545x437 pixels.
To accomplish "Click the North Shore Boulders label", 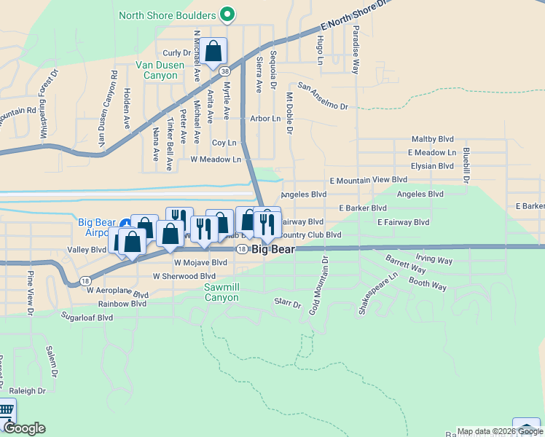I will [167, 15].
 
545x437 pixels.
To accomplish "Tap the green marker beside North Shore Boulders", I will [227, 15].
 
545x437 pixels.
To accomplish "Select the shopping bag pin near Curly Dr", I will [213, 51].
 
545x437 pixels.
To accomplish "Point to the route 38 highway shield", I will [225, 71].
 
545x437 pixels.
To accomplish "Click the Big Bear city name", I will [273, 249].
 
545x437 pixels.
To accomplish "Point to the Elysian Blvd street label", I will [432, 166].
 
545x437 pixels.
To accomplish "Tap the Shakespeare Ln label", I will [377, 294].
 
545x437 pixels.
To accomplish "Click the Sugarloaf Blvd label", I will [87, 318].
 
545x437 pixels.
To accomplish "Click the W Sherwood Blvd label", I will [184, 276].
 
